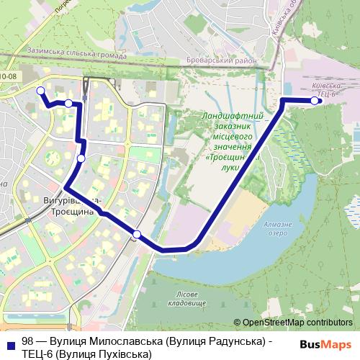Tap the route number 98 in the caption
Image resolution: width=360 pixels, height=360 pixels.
tap(27, 341)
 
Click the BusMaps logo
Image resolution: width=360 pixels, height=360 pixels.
tap(326, 344)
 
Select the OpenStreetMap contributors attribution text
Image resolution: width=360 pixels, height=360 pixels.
tap(297, 323)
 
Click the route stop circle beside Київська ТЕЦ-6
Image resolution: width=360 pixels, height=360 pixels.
tap(314, 101)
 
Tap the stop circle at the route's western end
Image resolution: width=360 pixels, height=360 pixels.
tap(40, 91)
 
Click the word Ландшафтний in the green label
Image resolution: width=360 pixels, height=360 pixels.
tap(233, 115)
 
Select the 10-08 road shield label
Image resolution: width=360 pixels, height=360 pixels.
tap(9, 75)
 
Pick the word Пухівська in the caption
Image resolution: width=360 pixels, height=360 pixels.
tap(122, 354)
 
